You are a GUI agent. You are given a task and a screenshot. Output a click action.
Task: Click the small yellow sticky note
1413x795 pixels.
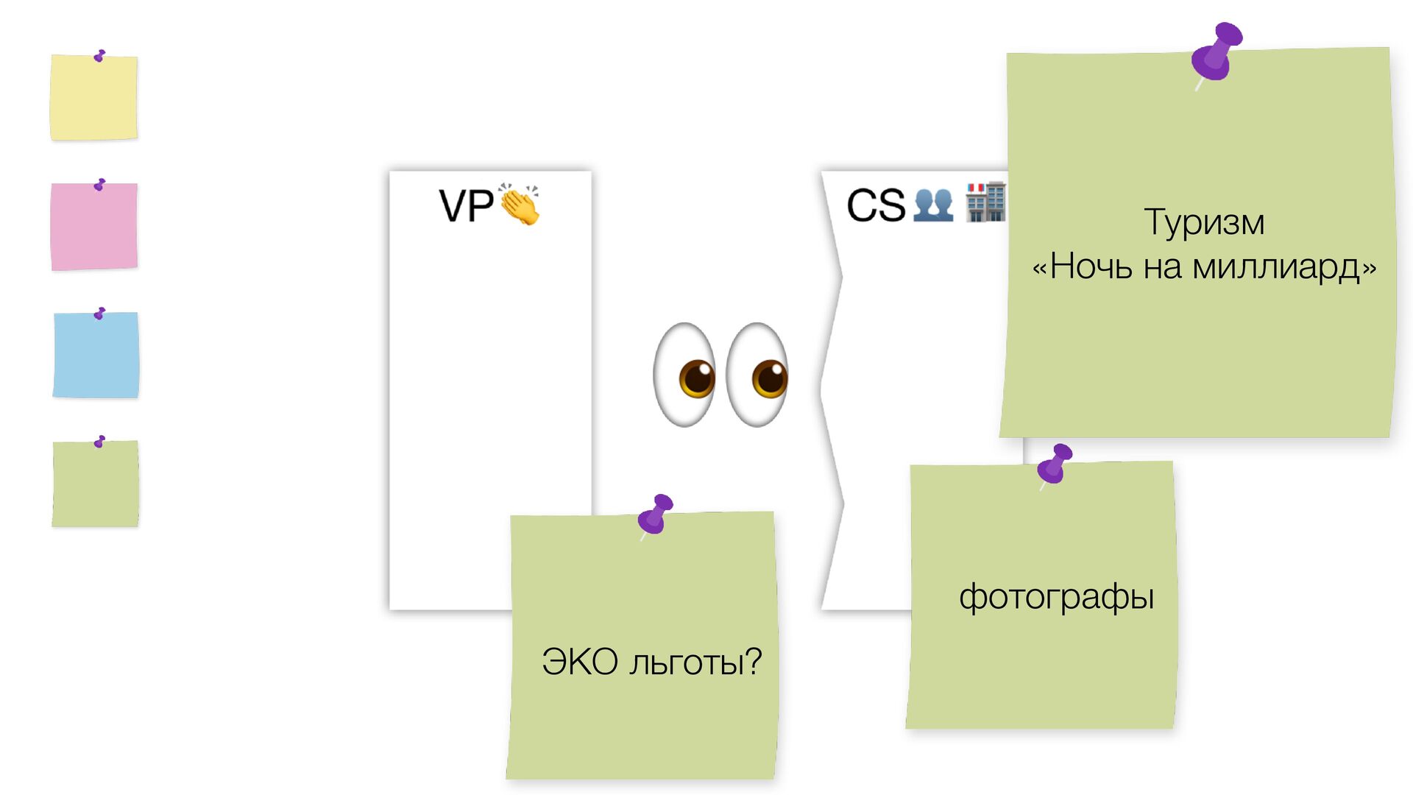[93, 97]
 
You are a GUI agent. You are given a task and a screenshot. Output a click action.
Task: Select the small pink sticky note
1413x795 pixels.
[94, 227]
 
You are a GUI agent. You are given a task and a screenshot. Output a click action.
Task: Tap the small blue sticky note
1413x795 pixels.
[96, 356]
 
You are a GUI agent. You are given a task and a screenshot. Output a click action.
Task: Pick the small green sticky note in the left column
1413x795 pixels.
[95, 484]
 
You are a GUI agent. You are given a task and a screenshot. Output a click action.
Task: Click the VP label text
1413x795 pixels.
[466, 206]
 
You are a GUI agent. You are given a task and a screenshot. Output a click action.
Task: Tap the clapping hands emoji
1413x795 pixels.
[520, 205]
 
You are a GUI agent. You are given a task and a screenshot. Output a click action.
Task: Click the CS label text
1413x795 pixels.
[876, 205]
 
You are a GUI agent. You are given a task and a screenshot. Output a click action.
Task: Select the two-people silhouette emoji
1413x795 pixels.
[933, 205]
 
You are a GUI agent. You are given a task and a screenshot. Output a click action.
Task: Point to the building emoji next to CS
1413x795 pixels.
[985, 202]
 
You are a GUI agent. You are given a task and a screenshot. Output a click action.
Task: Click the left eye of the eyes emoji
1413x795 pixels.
[685, 375]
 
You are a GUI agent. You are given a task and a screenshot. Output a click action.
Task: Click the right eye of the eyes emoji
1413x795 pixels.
[758, 375]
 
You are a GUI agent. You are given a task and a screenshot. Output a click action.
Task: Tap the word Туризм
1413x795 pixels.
[1204, 222]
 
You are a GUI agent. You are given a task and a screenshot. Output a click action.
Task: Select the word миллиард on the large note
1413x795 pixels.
[1276, 266]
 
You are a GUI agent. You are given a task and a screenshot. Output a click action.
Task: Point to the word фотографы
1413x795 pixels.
[1056, 597]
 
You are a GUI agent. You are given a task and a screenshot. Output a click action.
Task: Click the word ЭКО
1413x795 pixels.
[580, 662]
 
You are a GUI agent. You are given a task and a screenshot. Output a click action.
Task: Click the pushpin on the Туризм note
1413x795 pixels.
[1216, 53]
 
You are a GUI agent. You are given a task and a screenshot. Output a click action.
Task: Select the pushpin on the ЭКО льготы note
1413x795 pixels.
[656, 514]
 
